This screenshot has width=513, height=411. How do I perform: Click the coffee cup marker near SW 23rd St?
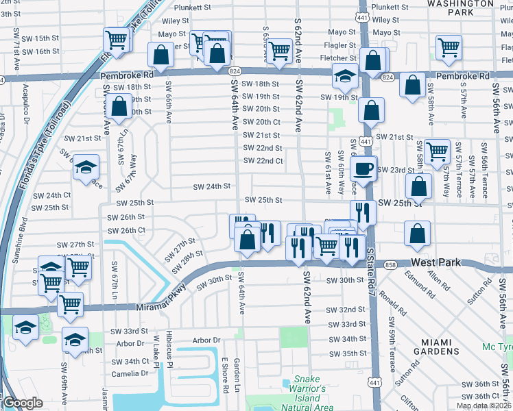(x=363, y=166)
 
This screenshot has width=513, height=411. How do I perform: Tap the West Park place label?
(x=440, y=262)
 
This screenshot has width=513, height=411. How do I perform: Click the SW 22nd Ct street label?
(x=263, y=161)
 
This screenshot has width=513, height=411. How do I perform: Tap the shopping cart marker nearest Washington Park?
(x=449, y=47)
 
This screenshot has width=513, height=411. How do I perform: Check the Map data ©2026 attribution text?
(x=484, y=406)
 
